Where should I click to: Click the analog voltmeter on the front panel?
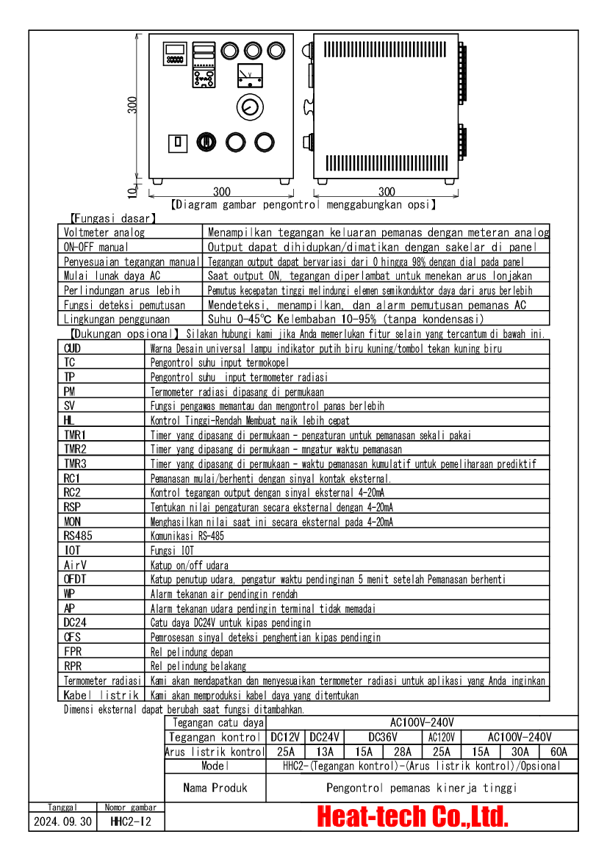[x=251, y=74]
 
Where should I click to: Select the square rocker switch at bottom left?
[x=177, y=142]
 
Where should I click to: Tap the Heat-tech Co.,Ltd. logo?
[x=412, y=816]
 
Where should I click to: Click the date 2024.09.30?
[x=63, y=822]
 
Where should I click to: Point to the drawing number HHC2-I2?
[x=130, y=822]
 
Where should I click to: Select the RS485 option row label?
[x=78, y=536]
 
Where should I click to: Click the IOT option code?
[x=73, y=550]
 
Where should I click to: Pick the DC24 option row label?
[x=76, y=622]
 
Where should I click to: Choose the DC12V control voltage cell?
[x=286, y=737]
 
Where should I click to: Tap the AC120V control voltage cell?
[x=441, y=737]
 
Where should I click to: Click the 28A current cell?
[x=402, y=752]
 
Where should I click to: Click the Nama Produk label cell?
[x=215, y=788]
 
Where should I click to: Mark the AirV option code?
[x=76, y=564]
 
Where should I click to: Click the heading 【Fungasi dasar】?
[x=112, y=218]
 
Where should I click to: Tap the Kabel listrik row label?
[x=101, y=694]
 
